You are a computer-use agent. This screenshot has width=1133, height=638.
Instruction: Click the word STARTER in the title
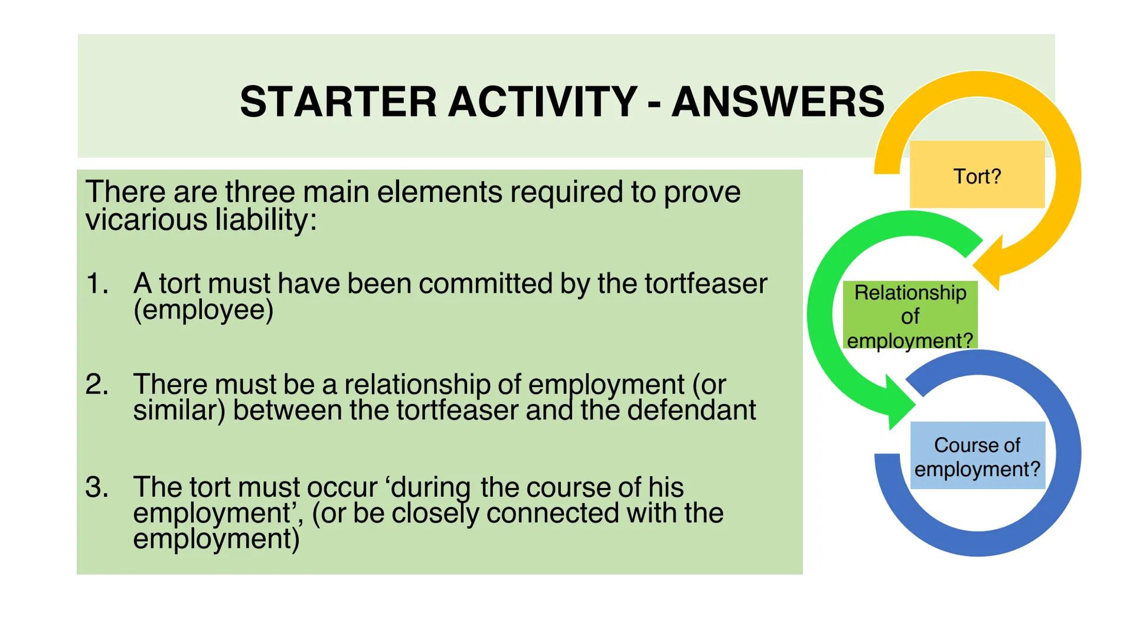(338, 102)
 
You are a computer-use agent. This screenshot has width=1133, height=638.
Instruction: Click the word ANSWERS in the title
(778, 102)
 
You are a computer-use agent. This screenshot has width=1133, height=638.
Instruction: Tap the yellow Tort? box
(977, 175)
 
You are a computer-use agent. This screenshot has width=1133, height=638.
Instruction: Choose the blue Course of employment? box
(977, 456)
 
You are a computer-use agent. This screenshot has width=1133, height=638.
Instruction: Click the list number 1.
(97, 284)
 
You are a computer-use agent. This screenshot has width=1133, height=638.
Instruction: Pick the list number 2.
(97, 385)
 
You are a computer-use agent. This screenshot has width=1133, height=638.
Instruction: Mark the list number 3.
(97, 487)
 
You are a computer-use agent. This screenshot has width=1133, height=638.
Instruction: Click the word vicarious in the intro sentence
(146, 220)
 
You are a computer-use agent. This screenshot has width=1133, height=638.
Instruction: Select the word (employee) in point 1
(203, 310)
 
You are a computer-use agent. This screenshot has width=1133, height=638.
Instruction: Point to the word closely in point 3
(435, 513)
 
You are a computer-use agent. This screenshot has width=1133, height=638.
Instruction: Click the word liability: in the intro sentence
(266, 220)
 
